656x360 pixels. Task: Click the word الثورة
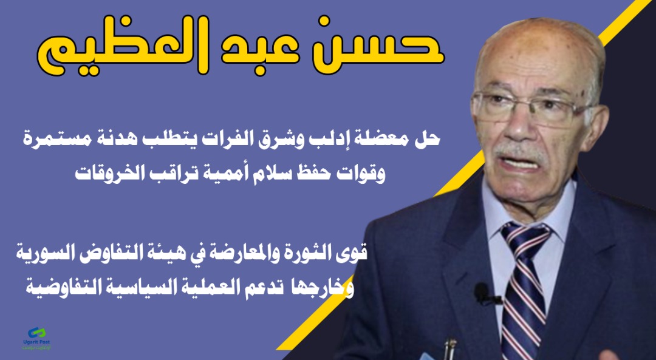[x=309, y=252]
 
